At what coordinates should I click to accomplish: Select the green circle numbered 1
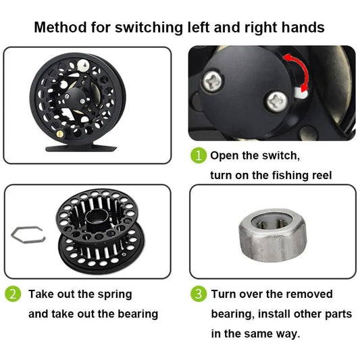click(x=198, y=156)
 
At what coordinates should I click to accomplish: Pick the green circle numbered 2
click(x=13, y=294)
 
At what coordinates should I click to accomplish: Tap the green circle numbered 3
click(x=198, y=294)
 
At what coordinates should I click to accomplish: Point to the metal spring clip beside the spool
click(x=26, y=234)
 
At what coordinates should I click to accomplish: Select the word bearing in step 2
click(x=134, y=314)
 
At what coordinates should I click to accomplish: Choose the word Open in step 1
click(x=224, y=156)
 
